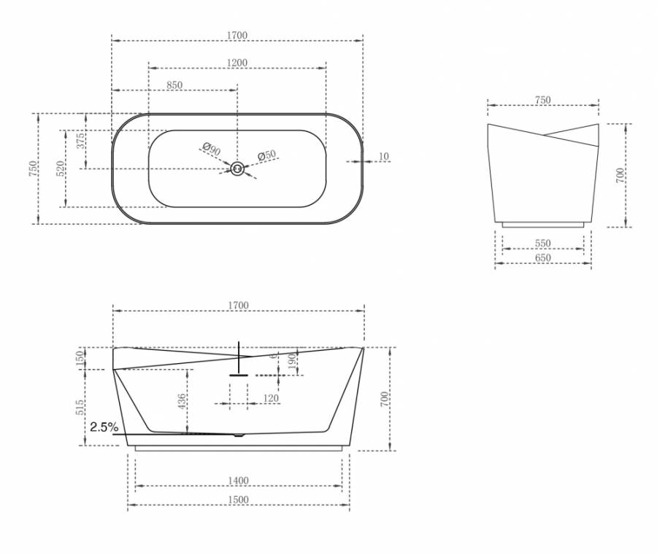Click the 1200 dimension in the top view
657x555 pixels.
click(x=237, y=63)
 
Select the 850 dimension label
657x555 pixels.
click(x=174, y=85)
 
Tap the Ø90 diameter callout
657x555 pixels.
click(x=211, y=149)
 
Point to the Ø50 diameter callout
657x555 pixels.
click(x=267, y=155)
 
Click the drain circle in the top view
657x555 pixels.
click(x=237, y=168)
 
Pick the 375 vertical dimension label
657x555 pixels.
click(x=80, y=141)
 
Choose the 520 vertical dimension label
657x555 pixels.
click(x=61, y=168)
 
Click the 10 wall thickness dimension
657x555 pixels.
click(x=384, y=156)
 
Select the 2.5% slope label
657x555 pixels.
click(x=104, y=427)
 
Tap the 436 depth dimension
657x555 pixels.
click(x=182, y=402)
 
